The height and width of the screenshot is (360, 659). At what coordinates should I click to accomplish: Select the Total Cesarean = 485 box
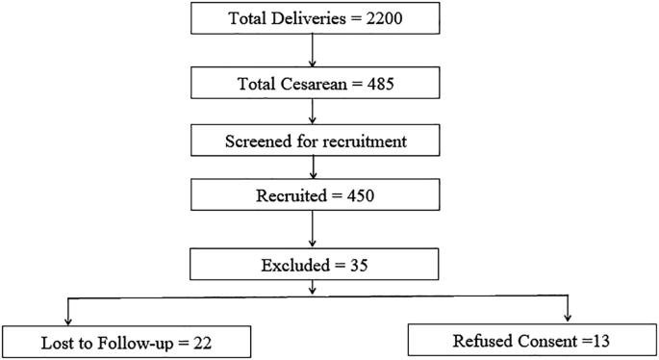click(x=312, y=82)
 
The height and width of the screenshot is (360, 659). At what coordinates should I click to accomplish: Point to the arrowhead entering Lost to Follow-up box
click(x=69, y=321)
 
